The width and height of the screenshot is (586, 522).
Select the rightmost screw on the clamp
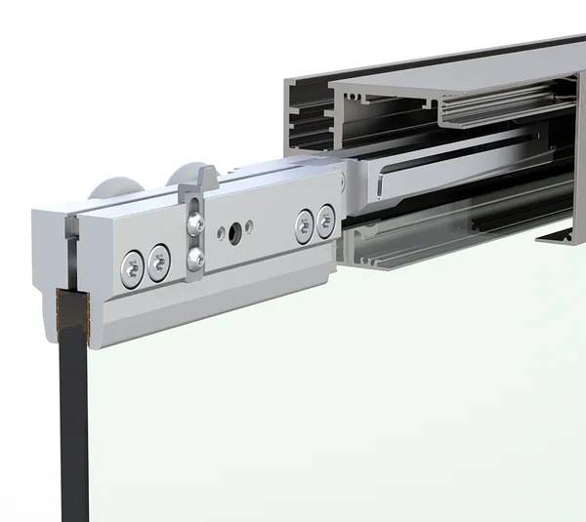[x=326, y=221]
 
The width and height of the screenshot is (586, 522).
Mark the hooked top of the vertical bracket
[x=208, y=178]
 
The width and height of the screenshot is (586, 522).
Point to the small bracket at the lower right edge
[x=561, y=233]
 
